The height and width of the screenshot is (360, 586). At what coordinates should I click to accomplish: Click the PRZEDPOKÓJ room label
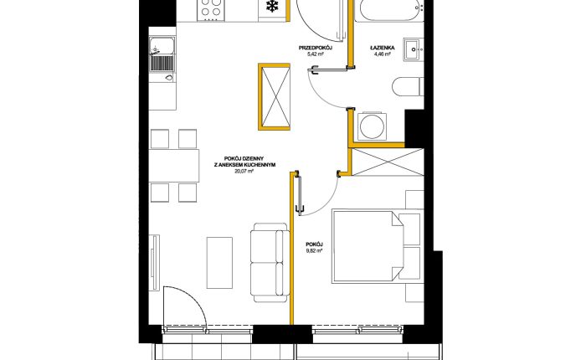[x=316, y=48]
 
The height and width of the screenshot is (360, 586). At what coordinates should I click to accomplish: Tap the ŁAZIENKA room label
[x=383, y=48]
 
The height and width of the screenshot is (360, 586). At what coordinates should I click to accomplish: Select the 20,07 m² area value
[x=244, y=172]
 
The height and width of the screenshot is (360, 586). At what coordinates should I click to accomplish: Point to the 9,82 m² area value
[x=314, y=251]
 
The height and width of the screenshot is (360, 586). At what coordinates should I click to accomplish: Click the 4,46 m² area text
[x=383, y=54]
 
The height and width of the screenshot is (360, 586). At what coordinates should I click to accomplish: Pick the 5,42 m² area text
[x=315, y=54]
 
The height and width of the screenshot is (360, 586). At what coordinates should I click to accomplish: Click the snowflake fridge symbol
[x=272, y=6]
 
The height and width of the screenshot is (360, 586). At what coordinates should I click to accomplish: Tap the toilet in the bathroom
[x=408, y=86]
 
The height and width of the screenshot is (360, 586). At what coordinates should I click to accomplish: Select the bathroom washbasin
[x=414, y=49]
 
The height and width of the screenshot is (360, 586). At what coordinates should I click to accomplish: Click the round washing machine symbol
[x=372, y=126]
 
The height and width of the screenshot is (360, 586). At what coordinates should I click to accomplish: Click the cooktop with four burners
[x=212, y=10]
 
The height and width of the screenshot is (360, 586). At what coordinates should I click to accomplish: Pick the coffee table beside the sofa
[x=219, y=262]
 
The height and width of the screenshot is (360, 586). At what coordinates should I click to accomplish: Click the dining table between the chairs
[x=174, y=166]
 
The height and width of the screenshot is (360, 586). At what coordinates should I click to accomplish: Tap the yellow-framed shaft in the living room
[x=275, y=97]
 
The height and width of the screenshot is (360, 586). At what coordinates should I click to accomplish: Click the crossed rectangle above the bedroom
[x=388, y=162]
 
